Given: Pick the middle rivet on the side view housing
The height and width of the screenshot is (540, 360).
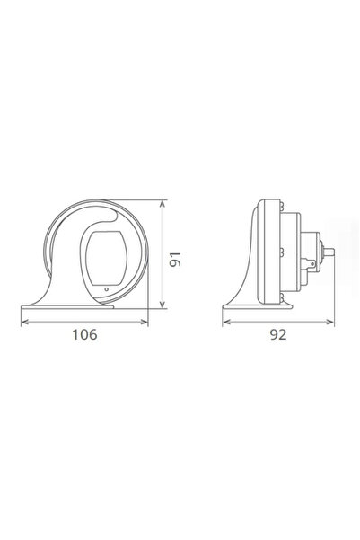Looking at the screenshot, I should tap(285, 254).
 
